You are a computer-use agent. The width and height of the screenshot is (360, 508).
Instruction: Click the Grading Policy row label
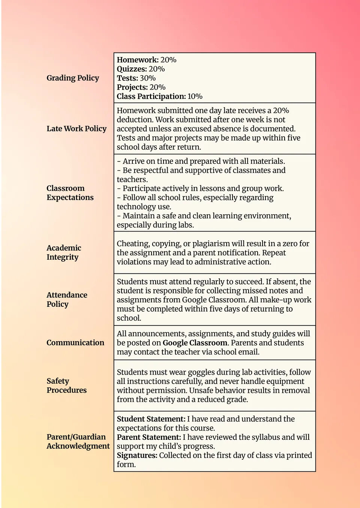click(73, 78)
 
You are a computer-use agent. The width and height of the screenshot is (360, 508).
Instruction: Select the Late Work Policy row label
click(76, 128)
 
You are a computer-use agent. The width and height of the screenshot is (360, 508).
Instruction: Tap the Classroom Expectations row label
click(70, 193)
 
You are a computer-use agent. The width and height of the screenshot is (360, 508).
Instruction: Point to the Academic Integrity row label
click(64, 253)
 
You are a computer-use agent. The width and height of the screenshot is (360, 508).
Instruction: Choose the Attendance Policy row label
click(67, 299)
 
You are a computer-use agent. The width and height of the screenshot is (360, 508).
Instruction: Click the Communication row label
click(75, 342)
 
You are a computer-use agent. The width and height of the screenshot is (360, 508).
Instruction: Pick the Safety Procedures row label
click(66, 385)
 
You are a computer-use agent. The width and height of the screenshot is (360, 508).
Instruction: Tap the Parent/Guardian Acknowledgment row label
click(78, 441)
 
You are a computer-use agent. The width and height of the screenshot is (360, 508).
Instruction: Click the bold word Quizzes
click(132, 69)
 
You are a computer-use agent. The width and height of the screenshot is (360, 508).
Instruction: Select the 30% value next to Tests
click(148, 78)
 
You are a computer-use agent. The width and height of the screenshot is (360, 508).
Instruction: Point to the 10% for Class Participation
click(195, 96)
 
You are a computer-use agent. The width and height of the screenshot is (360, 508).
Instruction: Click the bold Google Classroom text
click(195, 343)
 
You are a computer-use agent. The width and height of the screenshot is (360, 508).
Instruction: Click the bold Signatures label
click(137, 455)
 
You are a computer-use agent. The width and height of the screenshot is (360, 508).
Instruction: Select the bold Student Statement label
click(151, 419)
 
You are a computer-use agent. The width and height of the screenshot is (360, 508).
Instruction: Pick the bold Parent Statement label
click(149, 437)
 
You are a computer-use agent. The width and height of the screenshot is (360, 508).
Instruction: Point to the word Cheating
click(134, 244)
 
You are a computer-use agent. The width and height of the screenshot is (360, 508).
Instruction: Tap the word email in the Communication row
click(249, 352)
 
